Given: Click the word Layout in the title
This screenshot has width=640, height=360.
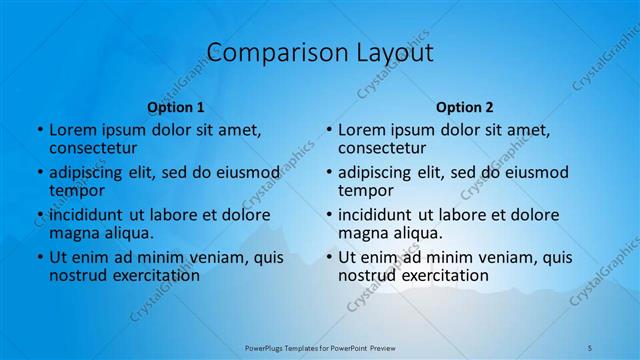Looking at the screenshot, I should pyautogui.click(x=390, y=52).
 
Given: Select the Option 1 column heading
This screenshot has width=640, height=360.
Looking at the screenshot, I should pyautogui.click(x=176, y=107).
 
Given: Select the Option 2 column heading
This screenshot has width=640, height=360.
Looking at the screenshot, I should pyautogui.click(x=465, y=107).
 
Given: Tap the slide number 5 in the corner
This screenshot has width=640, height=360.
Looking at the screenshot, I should pyautogui.click(x=590, y=347).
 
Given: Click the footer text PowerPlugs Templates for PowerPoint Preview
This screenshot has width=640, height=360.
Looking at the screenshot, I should pyautogui.click(x=320, y=347).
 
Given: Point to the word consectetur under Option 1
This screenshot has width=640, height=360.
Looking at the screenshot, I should pyautogui.click(x=93, y=148).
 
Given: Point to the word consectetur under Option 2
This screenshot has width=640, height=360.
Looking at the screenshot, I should pyautogui.click(x=382, y=148).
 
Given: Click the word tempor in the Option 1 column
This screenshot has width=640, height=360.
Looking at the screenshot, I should pyautogui.click(x=76, y=190).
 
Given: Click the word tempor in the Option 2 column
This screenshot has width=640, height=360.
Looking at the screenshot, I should pyautogui.click(x=365, y=190).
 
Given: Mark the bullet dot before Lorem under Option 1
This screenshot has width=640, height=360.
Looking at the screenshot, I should pyautogui.click(x=40, y=130).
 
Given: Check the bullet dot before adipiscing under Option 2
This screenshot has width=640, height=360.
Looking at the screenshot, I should pyautogui.click(x=329, y=173).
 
